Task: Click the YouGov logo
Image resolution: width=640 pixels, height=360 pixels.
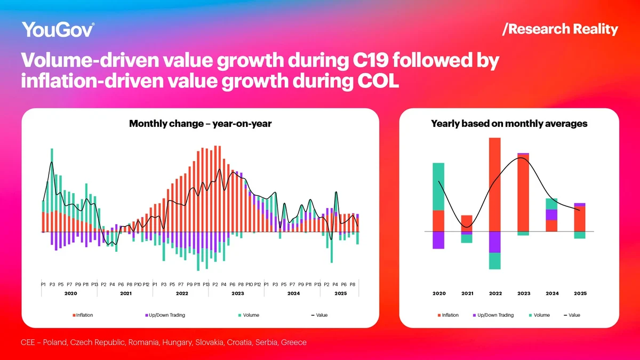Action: click(58, 29)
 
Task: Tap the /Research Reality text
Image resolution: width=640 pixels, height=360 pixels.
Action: click(560, 29)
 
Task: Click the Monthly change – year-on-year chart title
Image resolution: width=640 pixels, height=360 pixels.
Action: click(201, 124)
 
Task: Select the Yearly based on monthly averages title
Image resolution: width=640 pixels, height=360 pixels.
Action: click(509, 124)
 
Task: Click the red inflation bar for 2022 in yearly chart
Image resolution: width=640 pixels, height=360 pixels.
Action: click(495, 184)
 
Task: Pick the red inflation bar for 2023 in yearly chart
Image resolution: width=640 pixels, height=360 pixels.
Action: click(523, 193)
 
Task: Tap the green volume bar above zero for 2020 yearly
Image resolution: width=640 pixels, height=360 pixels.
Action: click(438, 186)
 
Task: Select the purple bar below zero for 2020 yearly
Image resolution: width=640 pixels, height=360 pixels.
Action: click(438, 240)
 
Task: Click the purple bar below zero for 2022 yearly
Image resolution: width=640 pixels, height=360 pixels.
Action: click(495, 242)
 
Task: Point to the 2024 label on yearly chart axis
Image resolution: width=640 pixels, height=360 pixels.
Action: click(552, 294)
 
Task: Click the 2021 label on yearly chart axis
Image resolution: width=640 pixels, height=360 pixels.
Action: click(467, 294)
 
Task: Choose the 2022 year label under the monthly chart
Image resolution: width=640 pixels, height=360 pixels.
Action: click(182, 294)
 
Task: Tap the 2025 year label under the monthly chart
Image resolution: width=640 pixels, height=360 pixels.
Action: click(340, 294)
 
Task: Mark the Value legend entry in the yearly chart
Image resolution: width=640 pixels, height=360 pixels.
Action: click(572, 315)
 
